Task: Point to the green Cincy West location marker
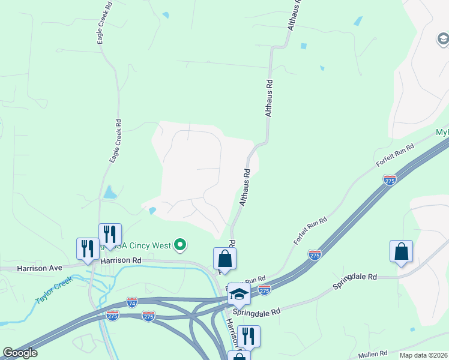(179, 244)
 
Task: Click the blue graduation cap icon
(238, 293)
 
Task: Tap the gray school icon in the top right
(442, 40)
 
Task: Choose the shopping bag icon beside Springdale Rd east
(401, 251)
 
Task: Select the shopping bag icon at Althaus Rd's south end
(225, 259)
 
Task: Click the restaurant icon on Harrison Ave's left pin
(88, 248)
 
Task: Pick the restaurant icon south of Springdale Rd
(249, 336)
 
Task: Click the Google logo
(19, 352)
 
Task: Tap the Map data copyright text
(423, 355)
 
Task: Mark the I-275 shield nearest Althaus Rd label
(390, 179)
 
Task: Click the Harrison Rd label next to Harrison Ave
(121, 261)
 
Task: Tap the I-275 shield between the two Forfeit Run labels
(315, 254)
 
